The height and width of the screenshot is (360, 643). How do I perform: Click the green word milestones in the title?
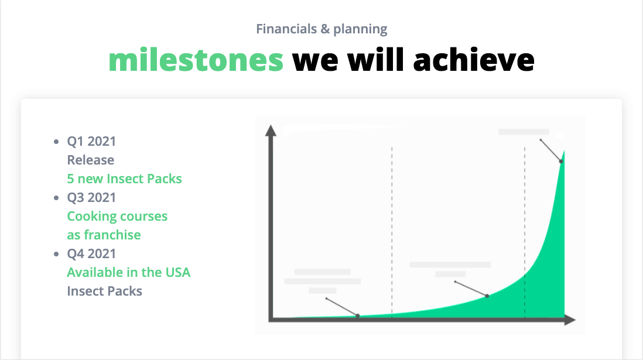pos(196,60)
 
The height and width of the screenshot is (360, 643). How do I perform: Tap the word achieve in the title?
pos(474,60)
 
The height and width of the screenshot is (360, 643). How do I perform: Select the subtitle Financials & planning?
pos(321,29)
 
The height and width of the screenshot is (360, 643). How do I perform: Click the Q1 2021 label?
pos(91,141)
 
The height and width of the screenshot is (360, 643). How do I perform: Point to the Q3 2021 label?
pos(91,197)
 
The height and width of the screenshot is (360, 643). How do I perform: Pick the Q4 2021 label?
pos(91,253)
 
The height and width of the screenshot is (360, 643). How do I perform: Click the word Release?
pos(91,160)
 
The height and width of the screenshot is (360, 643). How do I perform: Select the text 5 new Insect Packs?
pos(124,179)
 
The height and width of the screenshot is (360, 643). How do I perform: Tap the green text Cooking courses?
pos(117,216)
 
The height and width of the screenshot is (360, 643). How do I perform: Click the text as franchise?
pos(104,235)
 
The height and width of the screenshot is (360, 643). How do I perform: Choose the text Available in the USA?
pos(129,272)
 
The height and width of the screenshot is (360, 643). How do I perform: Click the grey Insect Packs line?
pos(105,291)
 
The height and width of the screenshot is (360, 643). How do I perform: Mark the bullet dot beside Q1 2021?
pos(57,142)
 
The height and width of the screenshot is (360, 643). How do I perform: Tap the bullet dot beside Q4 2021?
pos(57,254)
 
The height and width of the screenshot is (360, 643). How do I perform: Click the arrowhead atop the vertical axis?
pos(271,131)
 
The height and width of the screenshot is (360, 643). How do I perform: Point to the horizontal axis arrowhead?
pos(570,320)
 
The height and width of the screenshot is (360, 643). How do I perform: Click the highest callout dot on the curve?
pos(561,162)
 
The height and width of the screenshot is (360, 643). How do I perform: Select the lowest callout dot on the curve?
pos(358,316)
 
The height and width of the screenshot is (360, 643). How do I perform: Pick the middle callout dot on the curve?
pos(487,296)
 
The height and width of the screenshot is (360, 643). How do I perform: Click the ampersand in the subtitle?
pos(325,29)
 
